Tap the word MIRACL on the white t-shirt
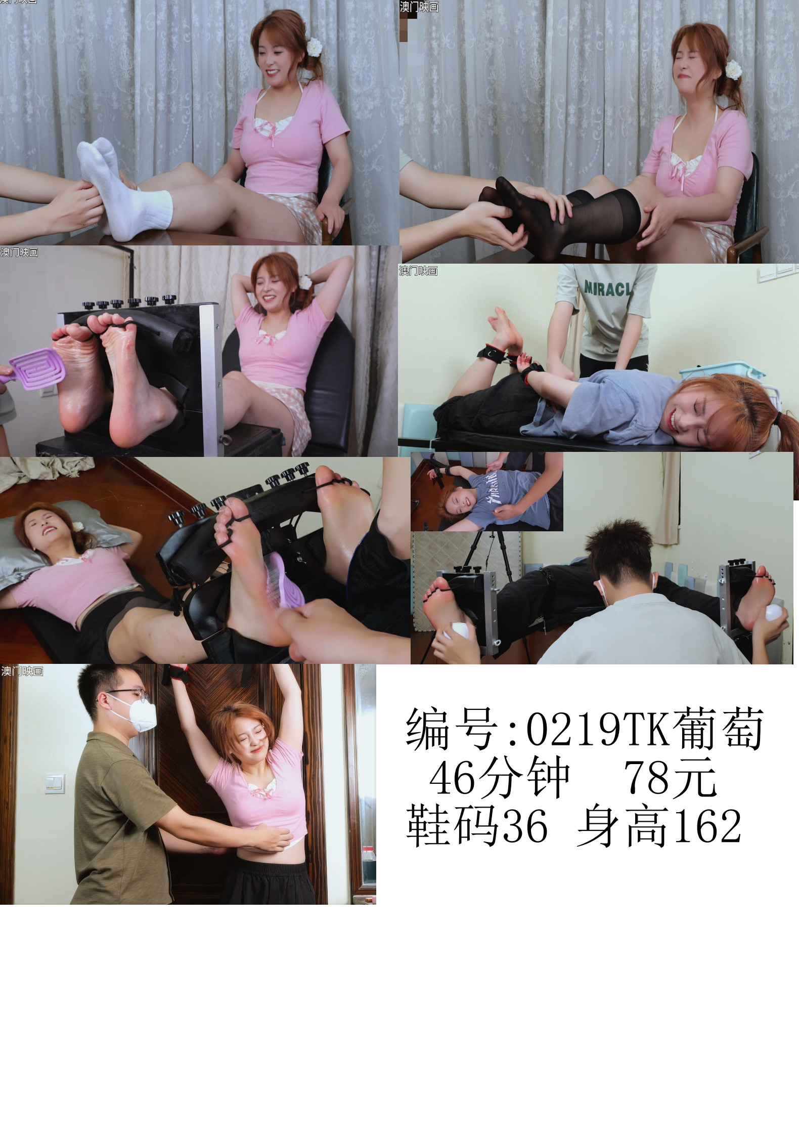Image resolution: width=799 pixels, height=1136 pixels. click(x=607, y=288)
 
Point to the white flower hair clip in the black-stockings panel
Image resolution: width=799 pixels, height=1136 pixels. click(x=733, y=69)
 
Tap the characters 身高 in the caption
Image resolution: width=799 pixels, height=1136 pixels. click(x=624, y=826)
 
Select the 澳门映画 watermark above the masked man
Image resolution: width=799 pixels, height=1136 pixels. click(x=22, y=671)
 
